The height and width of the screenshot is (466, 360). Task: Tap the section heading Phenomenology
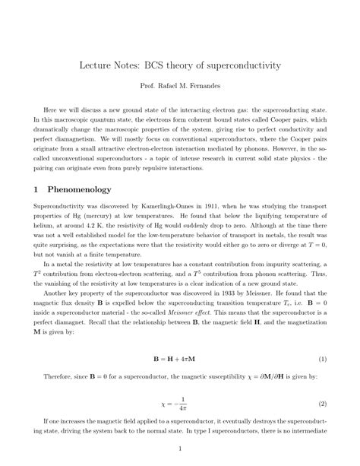[79, 189]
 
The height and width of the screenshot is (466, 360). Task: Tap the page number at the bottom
[180, 449]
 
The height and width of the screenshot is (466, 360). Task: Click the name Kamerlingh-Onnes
[150, 206]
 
